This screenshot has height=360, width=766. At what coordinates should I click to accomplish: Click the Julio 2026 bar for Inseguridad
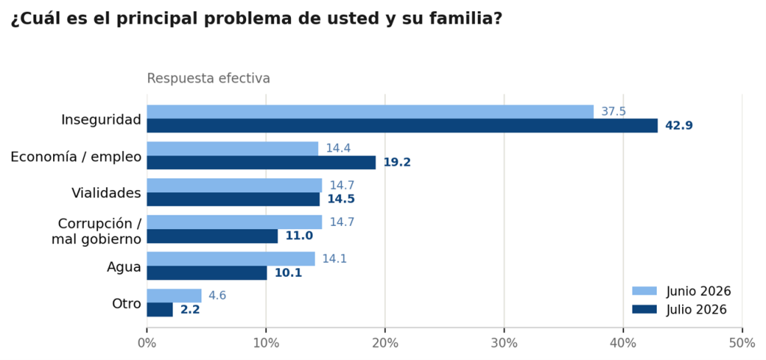[x=402, y=126]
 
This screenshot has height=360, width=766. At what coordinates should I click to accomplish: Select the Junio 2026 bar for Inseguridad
[x=370, y=112]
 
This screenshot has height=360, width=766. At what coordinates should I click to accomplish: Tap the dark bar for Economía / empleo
[x=261, y=162]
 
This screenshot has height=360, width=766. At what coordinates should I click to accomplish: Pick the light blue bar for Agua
[x=231, y=259]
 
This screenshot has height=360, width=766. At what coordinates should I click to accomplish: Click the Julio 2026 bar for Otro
[x=160, y=310]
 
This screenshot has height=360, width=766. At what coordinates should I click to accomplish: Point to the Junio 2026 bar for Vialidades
[x=234, y=185]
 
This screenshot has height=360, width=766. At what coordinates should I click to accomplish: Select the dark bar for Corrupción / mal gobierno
[x=212, y=237]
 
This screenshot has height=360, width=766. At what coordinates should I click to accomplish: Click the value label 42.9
[x=679, y=126]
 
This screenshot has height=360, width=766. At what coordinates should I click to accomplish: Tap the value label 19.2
[x=397, y=162]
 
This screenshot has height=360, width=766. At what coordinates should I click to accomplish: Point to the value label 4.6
[x=218, y=296]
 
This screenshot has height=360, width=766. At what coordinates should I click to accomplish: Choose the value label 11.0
[x=299, y=237]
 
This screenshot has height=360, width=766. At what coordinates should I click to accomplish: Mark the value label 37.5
[x=613, y=112]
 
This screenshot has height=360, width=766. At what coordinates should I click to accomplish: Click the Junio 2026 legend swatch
[x=644, y=292]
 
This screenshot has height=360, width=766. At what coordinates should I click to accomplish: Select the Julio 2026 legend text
[x=696, y=310]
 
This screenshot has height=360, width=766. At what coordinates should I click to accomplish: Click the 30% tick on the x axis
[x=504, y=330]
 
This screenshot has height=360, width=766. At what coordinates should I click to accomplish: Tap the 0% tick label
[x=147, y=344]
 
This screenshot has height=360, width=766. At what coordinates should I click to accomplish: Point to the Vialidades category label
[x=106, y=193]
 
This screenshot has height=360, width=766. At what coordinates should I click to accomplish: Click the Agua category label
[x=124, y=267]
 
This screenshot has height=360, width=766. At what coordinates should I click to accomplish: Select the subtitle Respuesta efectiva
[x=209, y=79]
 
